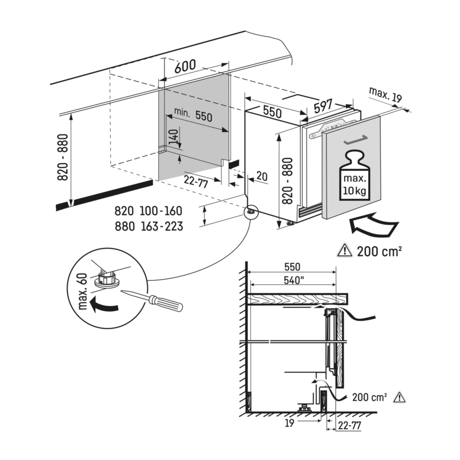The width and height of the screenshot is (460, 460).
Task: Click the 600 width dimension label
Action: click(185, 66)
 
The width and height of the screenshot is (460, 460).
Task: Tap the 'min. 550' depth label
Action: click(193, 115)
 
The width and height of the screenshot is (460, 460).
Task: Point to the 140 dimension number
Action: click(174, 137)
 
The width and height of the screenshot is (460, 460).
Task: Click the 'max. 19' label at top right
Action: click(385, 94)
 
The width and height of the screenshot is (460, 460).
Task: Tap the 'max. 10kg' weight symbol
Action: click(354, 176)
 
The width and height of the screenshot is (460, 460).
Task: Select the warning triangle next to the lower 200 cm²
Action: click(399, 397)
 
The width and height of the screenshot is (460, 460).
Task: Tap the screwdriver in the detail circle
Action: click(152, 299)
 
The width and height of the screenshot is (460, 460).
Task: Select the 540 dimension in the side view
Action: click(293, 281)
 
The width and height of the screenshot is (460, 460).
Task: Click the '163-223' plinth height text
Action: click(162, 226)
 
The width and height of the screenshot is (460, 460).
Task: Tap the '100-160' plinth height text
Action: click(161, 211)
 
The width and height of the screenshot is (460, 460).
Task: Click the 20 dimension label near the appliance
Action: click(262, 176)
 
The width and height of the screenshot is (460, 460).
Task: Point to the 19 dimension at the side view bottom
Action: click(289, 423)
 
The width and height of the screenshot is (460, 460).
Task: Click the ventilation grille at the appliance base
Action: click(310, 211)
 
